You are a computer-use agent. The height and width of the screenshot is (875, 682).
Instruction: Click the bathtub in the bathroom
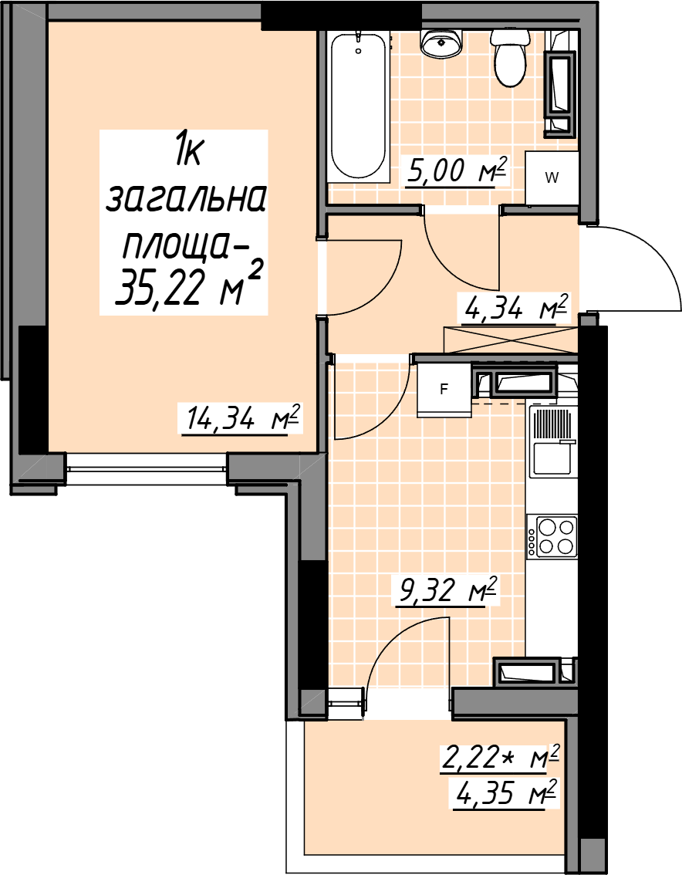point(358,106)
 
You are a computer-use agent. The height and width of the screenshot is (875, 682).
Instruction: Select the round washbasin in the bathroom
point(441,43)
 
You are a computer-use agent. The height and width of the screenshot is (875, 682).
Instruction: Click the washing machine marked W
point(552,178)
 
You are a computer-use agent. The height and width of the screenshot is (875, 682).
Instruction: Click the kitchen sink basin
point(552,458)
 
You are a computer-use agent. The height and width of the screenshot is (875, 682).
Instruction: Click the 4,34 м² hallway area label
point(512,307)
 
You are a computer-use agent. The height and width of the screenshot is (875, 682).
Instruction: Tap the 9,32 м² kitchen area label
point(445,591)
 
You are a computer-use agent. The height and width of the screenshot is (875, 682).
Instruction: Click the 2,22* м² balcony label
point(499,758)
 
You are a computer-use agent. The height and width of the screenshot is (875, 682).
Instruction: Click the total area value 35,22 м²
point(188,287)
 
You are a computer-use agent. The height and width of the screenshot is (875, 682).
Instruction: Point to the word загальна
point(184,199)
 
